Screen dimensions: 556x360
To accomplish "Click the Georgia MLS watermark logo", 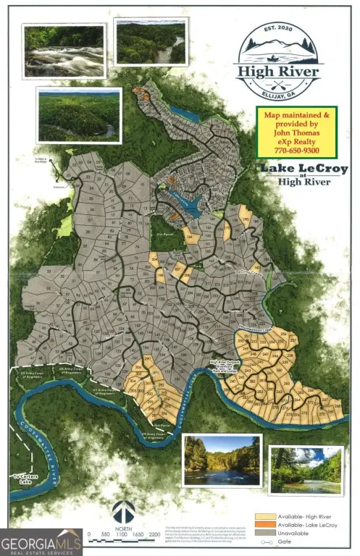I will click(x=41, y=542).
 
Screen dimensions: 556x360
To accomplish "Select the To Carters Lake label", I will click(x=28, y=479).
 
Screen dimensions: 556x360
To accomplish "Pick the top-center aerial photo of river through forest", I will click(x=150, y=42).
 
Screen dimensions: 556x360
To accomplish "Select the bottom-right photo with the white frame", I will click(x=305, y=470).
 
